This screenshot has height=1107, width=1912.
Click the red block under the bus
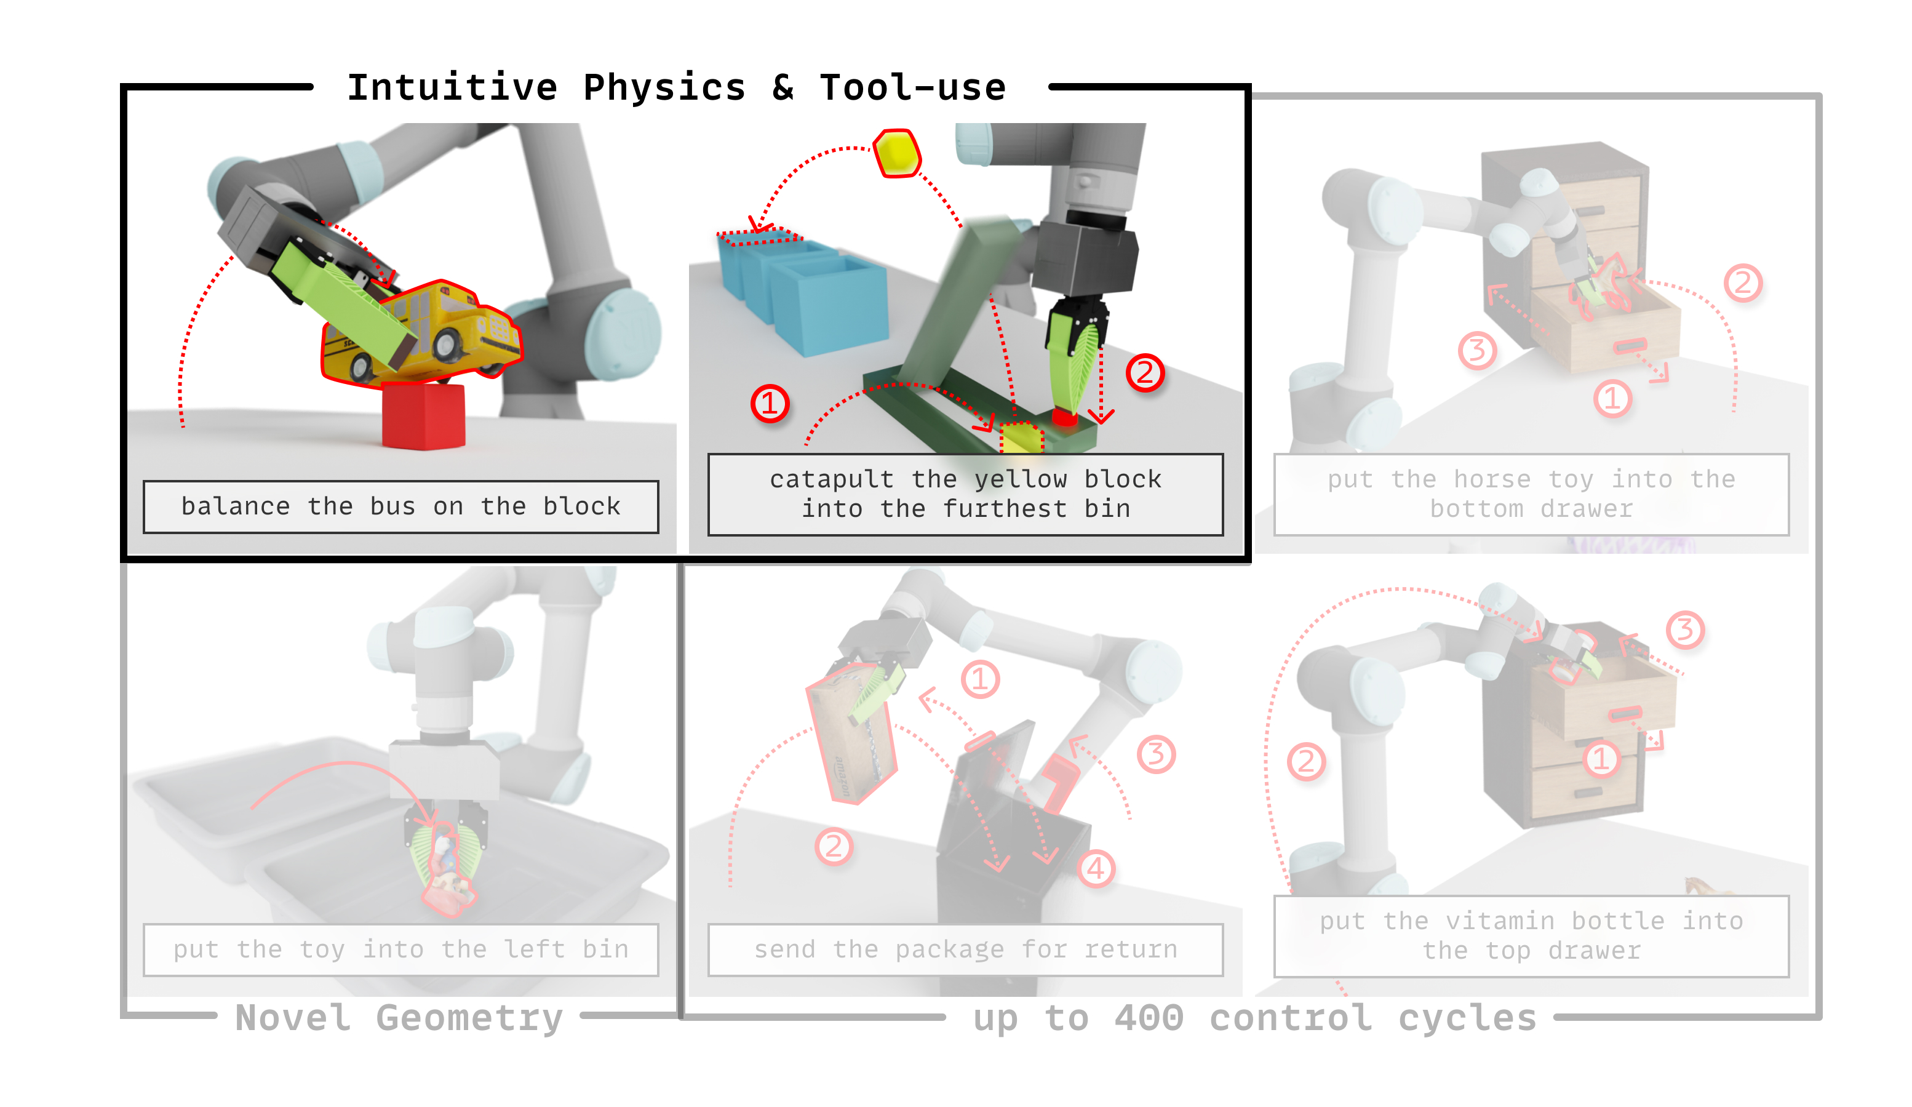pyautogui.click(x=423, y=416)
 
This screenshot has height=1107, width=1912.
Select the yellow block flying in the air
pyautogui.click(x=897, y=153)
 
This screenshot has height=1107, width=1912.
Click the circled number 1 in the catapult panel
pyautogui.click(x=770, y=404)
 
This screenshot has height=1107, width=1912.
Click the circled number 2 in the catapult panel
pyautogui.click(x=1144, y=372)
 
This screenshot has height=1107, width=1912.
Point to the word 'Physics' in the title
pyautogui.click(x=664, y=88)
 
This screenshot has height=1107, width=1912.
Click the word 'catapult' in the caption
pyautogui.click(x=832, y=479)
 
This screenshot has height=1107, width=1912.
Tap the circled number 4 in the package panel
pyautogui.click(x=1096, y=868)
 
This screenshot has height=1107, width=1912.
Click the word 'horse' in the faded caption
pyautogui.click(x=1492, y=479)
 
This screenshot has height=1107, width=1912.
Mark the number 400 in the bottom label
pyautogui.click(x=1149, y=1018)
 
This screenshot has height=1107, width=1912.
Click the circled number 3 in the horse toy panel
pyautogui.click(x=1476, y=351)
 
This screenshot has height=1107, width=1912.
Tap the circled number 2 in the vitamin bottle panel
pyautogui.click(x=1307, y=761)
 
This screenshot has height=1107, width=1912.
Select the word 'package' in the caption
pyautogui.click(x=949, y=951)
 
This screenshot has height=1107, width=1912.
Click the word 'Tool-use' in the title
pyautogui.click(x=913, y=88)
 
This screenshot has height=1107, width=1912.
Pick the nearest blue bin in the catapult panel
pyautogui.click(x=830, y=303)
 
